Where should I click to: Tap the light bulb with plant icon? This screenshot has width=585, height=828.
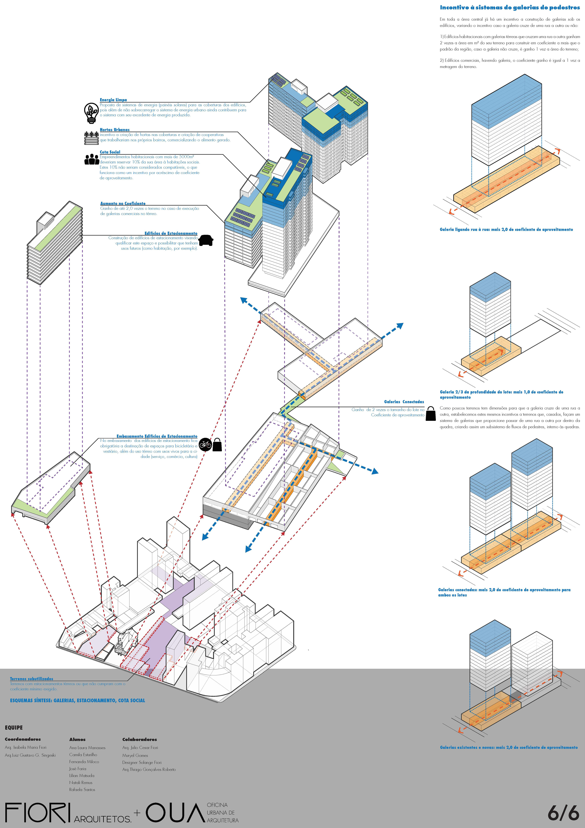(x=91, y=113)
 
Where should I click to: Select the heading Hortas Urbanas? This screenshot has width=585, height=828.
(x=115, y=129)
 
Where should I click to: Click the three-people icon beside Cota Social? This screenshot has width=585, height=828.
(x=92, y=159)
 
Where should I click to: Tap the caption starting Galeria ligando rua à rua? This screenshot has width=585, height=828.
(x=506, y=229)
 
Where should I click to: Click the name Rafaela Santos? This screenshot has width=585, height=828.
(x=82, y=789)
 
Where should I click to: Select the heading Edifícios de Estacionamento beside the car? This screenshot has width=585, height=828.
(x=171, y=233)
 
